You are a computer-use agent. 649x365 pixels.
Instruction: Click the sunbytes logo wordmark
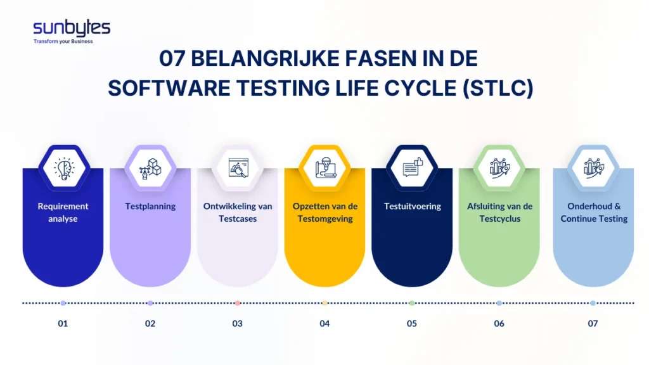72,28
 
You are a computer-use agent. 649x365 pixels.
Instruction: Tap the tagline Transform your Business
63,42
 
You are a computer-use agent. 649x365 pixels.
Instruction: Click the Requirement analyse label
63,212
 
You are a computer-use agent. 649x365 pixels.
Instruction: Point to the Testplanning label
150,206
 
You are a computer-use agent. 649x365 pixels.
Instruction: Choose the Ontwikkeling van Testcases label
237,212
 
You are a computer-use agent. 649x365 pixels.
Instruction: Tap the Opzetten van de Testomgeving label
324,212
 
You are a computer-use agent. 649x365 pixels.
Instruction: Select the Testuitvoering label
412,206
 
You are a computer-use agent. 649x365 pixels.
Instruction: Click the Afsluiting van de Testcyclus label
499,212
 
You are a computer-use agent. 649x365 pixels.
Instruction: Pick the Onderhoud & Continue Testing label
593,212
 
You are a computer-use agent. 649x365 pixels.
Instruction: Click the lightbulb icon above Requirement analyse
63,168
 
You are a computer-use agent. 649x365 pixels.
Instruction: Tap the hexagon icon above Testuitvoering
412,168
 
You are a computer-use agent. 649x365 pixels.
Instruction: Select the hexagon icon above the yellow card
324,168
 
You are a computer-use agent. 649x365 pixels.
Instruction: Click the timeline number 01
63,324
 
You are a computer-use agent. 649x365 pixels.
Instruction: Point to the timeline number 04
324,324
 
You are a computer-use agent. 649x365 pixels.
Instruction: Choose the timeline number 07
593,324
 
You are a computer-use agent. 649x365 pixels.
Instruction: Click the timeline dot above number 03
237,304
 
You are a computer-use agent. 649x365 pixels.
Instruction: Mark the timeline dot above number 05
412,304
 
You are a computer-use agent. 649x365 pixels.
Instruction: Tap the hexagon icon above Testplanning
150,168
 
